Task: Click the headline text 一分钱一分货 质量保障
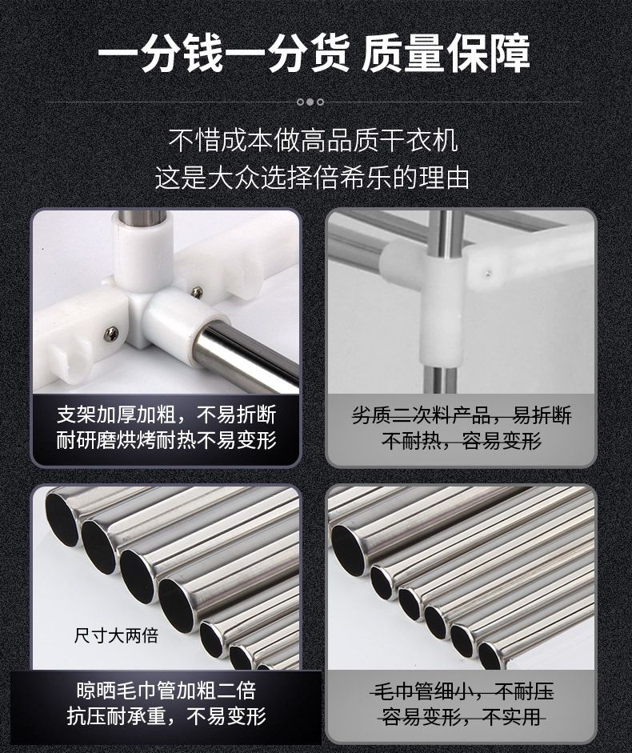pyautogui.click(x=314, y=53)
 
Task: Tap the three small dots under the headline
pyautogui.click(x=310, y=102)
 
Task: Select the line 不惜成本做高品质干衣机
pyautogui.click(x=313, y=141)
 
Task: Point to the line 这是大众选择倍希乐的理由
pyautogui.click(x=312, y=178)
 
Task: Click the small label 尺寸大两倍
pyautogui.click(x=116, y=636)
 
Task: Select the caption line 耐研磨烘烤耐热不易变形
pyautogui.click(x=166, y=440)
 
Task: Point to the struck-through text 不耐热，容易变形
pyautogui.click(x=462, y=440)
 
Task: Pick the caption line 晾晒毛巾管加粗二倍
pyautogui.click(x=166, y=691)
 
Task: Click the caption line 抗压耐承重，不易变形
pyautogui.click(x=166, y=716)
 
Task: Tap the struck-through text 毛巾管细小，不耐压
pyautogui.click(x=462, y=691)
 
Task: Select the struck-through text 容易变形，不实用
pyautogui.click(x=462, y=717)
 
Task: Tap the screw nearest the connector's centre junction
pyautogui.click(x=197, y=292)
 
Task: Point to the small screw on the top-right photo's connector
pyautogui.click(x=489, y=274)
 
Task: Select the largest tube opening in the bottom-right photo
pyautogui.click(x=348, y=543)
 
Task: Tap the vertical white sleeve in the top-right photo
pyautogui.click(x=442, y=310)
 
